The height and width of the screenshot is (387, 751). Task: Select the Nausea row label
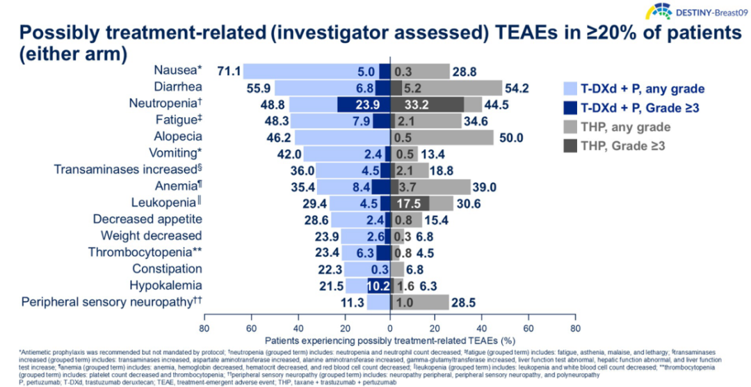pos(178,71)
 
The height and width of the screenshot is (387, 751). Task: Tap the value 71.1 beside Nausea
pos(229,71)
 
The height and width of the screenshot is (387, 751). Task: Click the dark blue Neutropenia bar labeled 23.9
pos(363,104)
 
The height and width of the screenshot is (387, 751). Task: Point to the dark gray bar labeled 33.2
pos(427,104)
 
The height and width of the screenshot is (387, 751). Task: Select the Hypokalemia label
pos(165,285)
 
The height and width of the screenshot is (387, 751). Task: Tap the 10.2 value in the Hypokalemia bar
pos(378,285)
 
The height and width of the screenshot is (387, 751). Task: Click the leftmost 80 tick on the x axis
pos(204,328)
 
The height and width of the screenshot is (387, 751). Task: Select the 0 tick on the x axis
pos(390,328)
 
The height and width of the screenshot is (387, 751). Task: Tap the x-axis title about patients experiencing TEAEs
pos(389,341)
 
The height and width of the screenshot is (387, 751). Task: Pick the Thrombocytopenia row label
pos(145,252)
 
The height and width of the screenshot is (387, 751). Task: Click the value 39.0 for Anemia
pos(484,187)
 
